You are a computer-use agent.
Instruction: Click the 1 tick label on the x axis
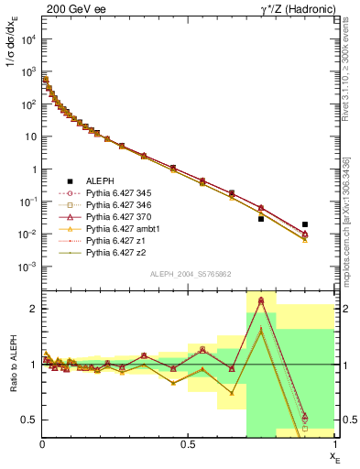[x=333, y=445]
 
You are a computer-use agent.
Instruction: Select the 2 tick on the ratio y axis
[x=33, y=309]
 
